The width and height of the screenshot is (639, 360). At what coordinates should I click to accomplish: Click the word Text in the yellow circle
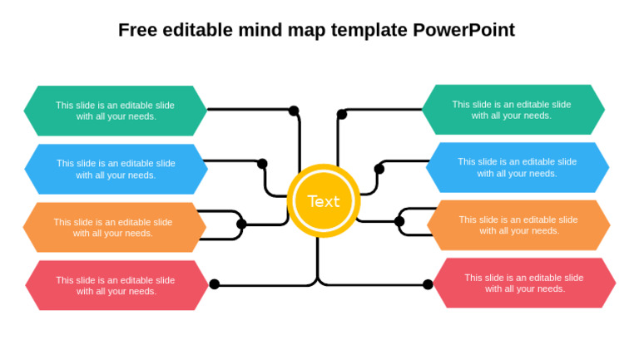tap(324, 201)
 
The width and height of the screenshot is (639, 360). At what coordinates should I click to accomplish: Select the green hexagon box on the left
tap(116, 111)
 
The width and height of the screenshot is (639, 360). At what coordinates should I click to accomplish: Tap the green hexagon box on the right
tap(513, 110)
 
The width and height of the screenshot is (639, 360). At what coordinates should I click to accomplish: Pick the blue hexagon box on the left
tap(116, 169)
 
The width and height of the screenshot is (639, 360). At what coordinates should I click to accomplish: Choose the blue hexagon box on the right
tap(518, 167)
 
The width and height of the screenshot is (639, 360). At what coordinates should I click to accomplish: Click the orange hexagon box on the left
tap(115, 227)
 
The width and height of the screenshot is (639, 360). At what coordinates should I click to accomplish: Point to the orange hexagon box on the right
tap(518, 225)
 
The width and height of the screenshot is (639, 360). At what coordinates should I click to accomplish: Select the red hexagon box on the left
tap(117, 285)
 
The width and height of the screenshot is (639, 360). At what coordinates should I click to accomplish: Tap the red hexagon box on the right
tap(524, 283)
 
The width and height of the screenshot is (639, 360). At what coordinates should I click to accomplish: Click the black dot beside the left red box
tap(215, 284)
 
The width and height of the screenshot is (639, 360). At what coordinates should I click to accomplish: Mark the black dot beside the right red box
tap(428, 284)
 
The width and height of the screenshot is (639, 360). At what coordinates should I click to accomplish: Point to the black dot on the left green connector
tap(294, 111)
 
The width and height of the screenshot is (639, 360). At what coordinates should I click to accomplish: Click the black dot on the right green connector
tap(342, 115)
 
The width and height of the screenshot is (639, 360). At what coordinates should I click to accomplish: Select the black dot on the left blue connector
tap(262, 164)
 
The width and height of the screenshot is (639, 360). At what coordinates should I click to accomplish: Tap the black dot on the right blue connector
tap(379, 169)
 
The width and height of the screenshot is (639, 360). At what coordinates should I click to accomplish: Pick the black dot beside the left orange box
tap(241, 224)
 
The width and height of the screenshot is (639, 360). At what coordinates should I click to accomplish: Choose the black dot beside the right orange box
tap(399, 221)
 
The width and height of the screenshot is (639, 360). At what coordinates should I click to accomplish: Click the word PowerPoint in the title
tap(463, 30)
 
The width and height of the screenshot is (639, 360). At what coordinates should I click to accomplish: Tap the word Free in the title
tap(138, 30)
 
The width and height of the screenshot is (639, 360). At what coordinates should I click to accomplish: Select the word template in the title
tap(369, 31)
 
